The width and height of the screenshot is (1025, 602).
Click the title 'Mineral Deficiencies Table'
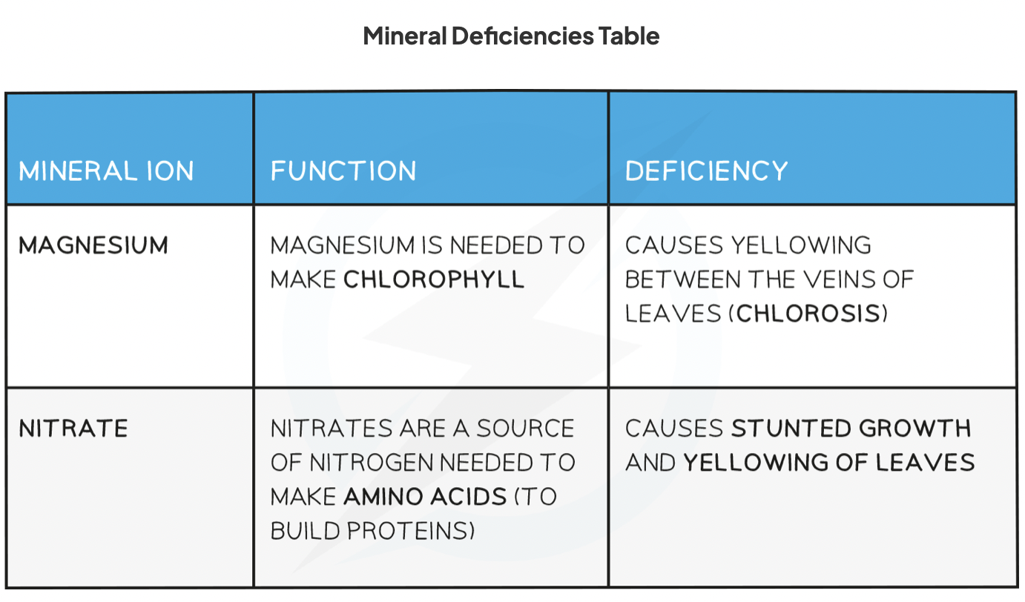point(511,36)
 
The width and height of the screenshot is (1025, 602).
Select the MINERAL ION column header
point(106,171)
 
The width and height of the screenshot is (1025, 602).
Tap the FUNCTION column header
point(343,171)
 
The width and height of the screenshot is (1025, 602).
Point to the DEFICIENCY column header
point(706,171)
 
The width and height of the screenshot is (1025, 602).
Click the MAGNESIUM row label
point(93,245)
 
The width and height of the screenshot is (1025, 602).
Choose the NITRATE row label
point(73,429)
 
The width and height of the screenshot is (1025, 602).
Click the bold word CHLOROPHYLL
point(434,279)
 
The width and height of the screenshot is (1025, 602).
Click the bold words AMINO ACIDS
point(425,497)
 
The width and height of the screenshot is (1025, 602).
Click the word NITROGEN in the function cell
point(371,463)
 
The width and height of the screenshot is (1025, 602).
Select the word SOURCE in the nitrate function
point(525,429)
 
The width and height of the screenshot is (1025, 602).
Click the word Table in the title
point(629,36)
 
